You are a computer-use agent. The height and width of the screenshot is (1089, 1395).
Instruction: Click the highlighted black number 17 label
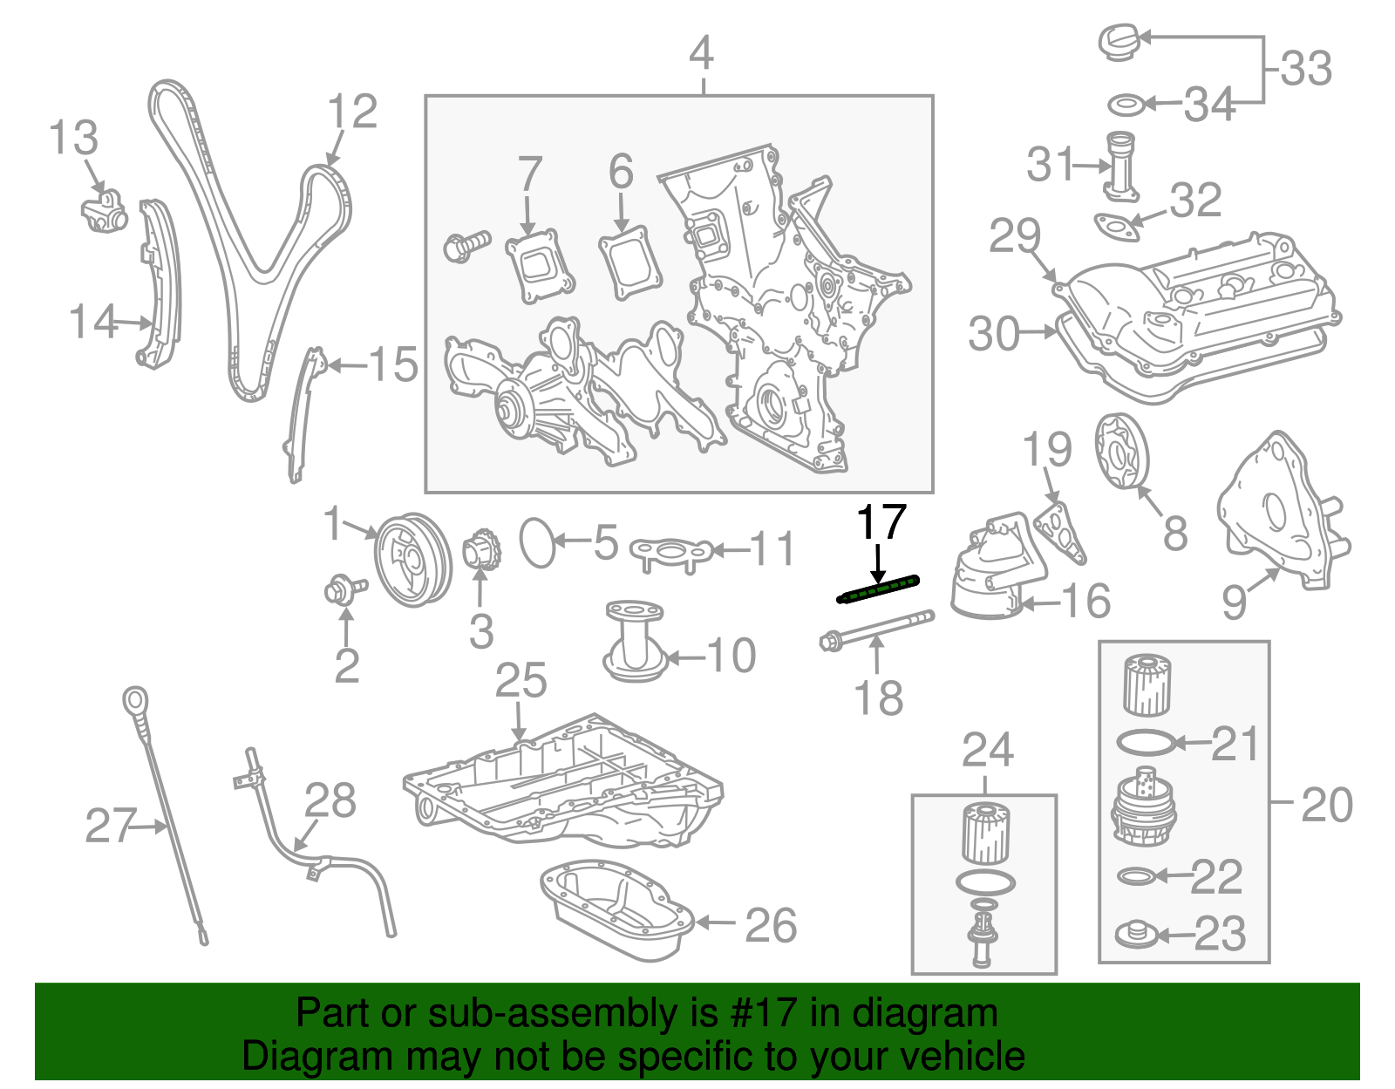[x=881, y=522]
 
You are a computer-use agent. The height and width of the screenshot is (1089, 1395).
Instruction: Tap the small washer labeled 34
[x=1126, y=105]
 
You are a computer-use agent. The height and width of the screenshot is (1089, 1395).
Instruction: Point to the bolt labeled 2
[x=341, y=590]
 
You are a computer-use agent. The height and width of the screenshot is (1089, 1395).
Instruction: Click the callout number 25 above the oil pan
[x=521, y=681]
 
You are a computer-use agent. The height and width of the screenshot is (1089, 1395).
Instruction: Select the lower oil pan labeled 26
[x=616, y=910]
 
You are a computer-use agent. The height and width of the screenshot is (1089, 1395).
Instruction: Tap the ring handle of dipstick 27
[x=134, y=700]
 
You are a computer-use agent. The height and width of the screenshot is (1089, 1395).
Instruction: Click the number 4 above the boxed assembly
[x=702, y=53]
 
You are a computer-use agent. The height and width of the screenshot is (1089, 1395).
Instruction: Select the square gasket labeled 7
[x=540, y=266]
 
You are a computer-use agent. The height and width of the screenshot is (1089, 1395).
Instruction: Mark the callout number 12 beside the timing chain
[x=352, y=112]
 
